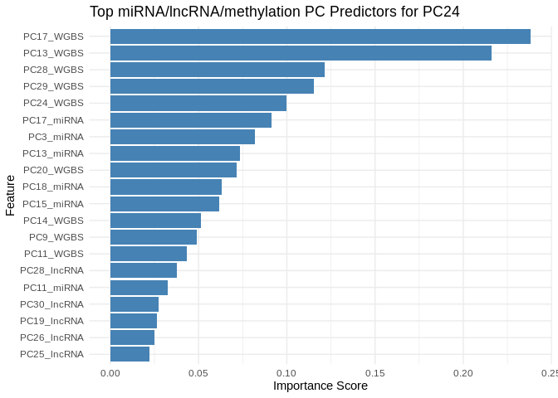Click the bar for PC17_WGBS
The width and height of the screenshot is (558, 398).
[320, 36]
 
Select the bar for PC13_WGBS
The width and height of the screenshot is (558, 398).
[301, 53]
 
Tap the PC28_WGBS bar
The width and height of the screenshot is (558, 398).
[218, 70]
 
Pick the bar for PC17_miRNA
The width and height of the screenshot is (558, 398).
[191, 120]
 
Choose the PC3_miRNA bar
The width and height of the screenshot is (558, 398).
[183, 137]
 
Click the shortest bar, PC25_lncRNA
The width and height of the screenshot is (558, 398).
[130, 354]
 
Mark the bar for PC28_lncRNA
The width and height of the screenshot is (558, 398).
[144, 270]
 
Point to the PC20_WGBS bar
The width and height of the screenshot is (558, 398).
[174, 170]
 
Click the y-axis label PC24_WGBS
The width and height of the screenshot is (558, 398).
[53, 103]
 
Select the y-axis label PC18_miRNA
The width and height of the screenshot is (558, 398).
[53, 187]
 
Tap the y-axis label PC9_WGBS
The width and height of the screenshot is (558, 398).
[56, 237]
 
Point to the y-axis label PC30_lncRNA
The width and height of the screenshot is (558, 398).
[51, 304]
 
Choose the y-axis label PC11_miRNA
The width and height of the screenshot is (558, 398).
[53, 288]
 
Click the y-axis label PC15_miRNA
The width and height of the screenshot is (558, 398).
[53, 204]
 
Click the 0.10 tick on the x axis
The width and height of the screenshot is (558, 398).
[286, 373]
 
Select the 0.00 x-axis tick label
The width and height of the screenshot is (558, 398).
[110, 373]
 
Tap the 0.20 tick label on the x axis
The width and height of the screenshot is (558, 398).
[463, 373]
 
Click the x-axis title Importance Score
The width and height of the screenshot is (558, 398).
[321, 386]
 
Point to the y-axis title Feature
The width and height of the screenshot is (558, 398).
[10, 195]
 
